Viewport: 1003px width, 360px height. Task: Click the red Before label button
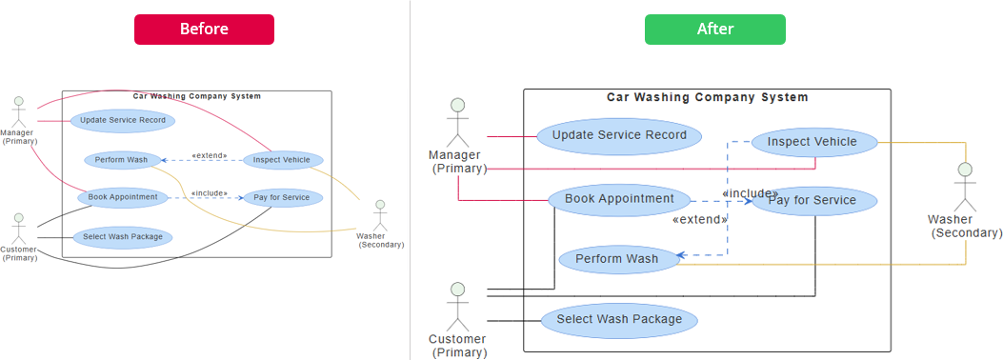(x=204, y=30)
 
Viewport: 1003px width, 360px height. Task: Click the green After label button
(x=714, y=30)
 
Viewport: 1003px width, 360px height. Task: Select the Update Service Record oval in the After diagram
(x=619, y=135)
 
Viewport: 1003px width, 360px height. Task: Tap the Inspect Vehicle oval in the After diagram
(x=812, y=143)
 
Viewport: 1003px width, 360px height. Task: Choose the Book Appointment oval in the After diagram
(x=619, y=200)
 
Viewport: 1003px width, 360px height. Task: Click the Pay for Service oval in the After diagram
(x=812, y=201)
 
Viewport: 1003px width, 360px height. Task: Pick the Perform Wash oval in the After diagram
(x=617, y=259)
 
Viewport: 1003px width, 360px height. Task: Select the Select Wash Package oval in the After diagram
(x=619, y=320)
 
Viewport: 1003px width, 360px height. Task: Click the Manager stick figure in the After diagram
(x=458, y=121)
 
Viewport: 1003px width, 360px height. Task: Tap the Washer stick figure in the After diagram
(x=965, y=187)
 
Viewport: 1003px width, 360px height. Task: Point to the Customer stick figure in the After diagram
(x=458, y=304)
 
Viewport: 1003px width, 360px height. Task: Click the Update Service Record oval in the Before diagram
(x=122, y=121)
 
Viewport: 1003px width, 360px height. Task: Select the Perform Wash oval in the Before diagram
(x=121, y=160)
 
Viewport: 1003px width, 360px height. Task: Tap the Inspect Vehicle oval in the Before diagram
(x=282, y=160)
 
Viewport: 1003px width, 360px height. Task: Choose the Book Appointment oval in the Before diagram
(x=123, y=198)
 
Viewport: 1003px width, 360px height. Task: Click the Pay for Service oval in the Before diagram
(x=282, y=198)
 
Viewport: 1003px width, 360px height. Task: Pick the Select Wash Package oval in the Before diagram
(x=122, y=237)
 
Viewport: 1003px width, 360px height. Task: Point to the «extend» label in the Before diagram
(x=210, y=155)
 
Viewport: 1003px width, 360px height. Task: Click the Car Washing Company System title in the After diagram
(x=707, y=97)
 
